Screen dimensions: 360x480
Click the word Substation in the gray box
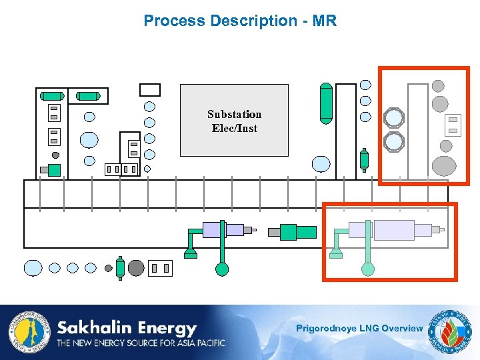coord(234,114)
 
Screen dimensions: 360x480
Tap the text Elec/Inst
coord(234,128)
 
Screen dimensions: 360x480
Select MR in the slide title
coord(325,21)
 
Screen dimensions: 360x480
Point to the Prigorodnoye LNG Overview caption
coord(359,328)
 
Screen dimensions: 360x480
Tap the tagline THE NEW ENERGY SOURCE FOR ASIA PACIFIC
coord(141,343)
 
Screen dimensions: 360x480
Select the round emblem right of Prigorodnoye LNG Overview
coord(450,331)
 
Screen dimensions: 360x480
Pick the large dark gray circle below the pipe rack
coord(136,268)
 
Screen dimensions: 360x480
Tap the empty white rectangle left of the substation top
coord(150,90)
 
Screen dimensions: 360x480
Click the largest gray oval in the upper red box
coord(444,165)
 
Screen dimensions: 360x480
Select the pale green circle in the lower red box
coord(367,269)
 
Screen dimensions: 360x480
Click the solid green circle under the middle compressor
coord(222,269)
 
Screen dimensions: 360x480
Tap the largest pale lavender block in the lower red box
coord(393,230)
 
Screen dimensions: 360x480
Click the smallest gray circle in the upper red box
coord(438,85)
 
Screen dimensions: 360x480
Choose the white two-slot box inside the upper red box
coord(452,124)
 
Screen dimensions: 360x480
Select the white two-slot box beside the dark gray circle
coord(160,268)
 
